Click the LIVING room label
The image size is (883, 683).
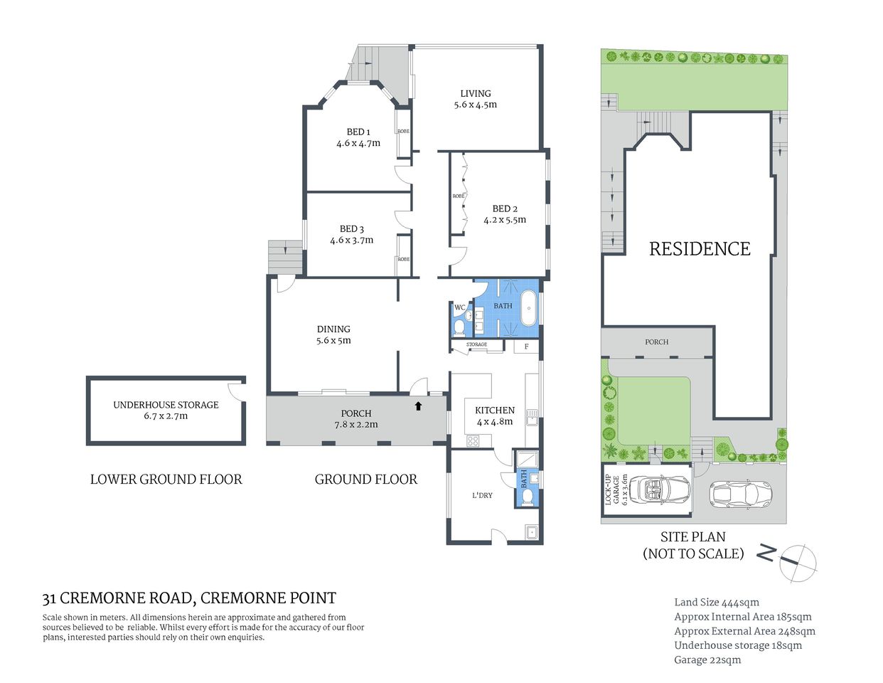click(475, 93)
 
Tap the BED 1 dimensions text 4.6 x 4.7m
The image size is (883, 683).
click(358, 143)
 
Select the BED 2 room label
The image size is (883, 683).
click(505, 208)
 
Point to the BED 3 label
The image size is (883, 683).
click(351, 228)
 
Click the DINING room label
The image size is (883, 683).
click(333, 329)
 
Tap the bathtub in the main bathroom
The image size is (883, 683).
click(528, 307)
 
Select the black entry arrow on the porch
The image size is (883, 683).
click(418, 406)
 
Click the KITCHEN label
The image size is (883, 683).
click(495, 410)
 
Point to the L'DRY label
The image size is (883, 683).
click(482, 495)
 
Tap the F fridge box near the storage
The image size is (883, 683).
click(526, 346)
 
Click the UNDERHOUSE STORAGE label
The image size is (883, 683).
click(166, 404)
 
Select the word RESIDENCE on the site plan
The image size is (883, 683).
click(700, 248)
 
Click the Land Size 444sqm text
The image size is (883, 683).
click(717, 603)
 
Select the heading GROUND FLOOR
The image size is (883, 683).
click(365, 480)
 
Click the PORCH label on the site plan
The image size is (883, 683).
click(656, 341)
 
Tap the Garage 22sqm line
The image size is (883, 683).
click(707, 660)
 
